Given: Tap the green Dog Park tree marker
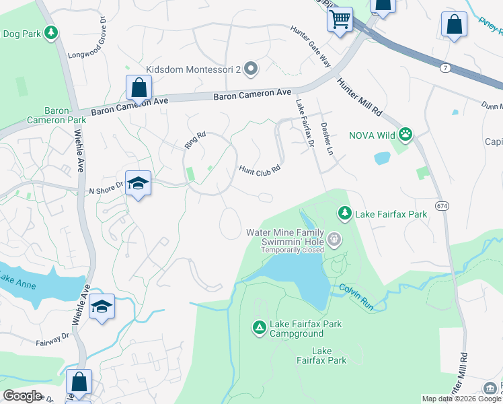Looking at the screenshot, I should (50, 32).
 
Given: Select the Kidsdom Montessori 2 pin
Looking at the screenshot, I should (251, 69).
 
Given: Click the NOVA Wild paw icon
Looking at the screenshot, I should (405, 135).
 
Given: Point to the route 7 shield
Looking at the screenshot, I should (445, 68).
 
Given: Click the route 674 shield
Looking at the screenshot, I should (442, 205).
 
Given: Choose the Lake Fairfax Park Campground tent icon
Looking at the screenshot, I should (259, 328).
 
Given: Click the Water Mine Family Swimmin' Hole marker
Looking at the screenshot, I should (335, 239).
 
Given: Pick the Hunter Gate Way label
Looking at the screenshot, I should (311, 46).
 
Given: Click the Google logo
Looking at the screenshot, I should (22, 395).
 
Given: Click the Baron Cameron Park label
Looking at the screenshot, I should (56, 115).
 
